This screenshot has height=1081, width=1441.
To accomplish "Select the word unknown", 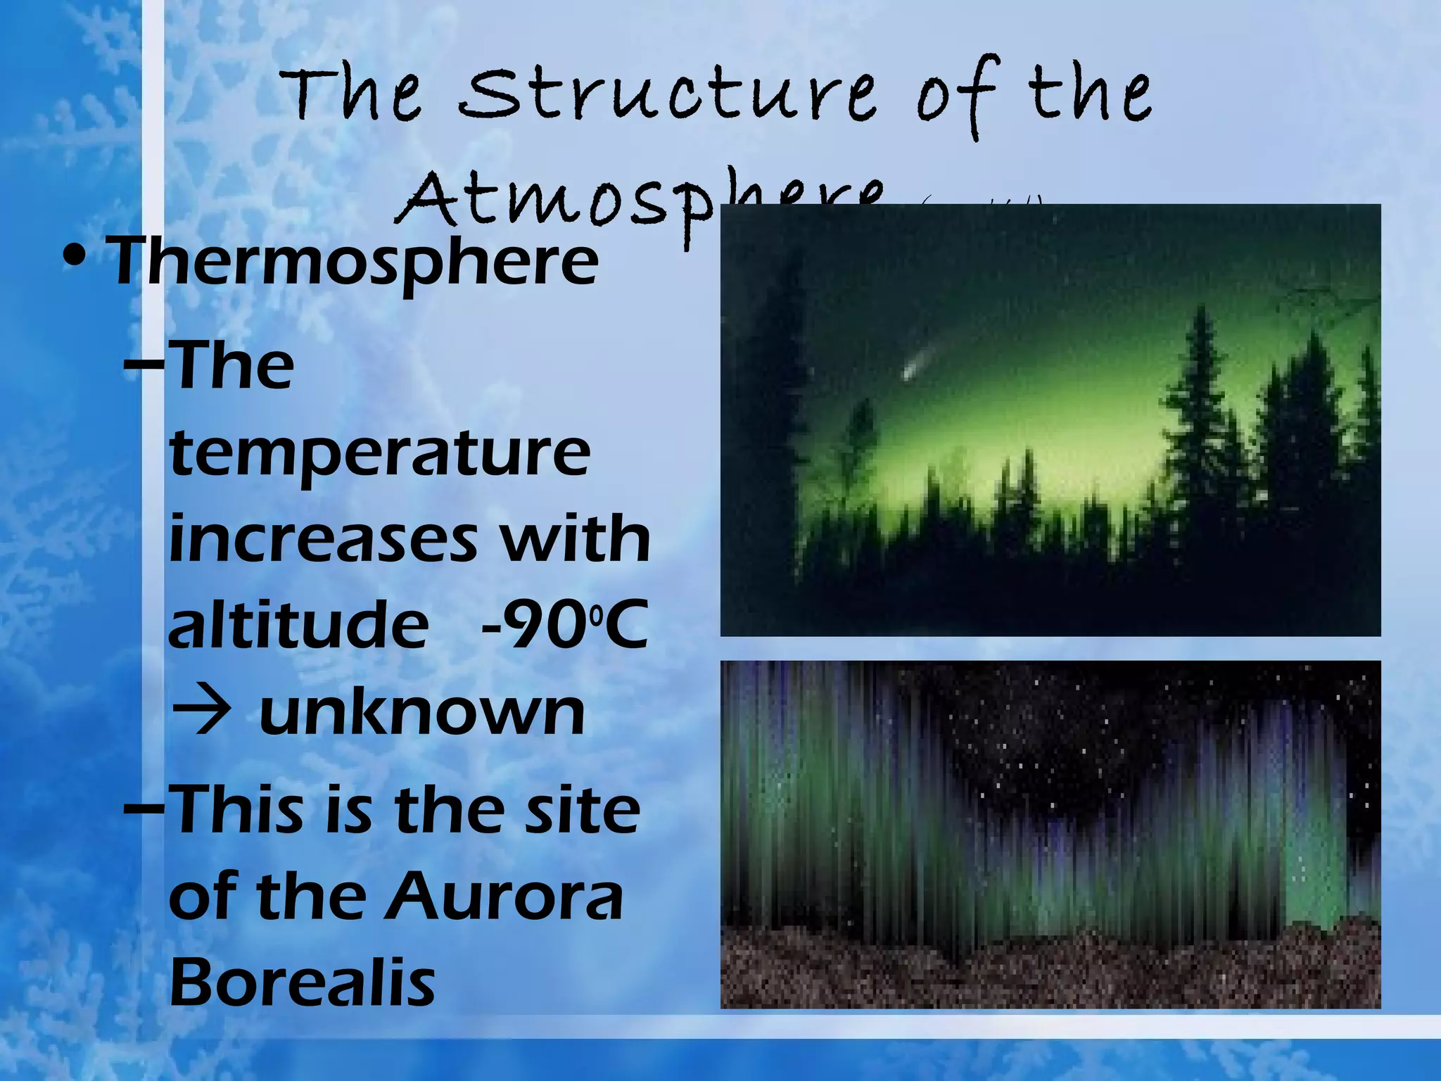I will [422, 712].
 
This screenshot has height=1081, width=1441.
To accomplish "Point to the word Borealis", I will [303, 982].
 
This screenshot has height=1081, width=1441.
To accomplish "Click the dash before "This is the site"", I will [144, 809].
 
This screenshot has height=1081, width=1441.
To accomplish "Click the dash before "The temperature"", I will [144, 365].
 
